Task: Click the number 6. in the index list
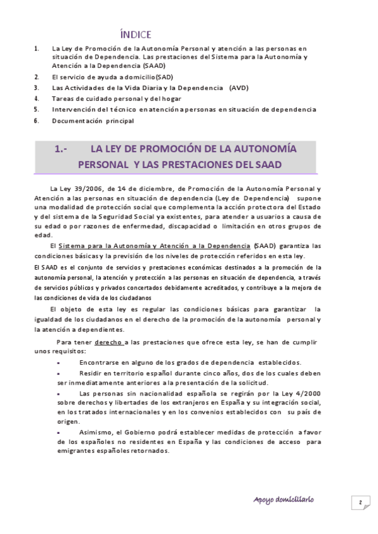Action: (37, 120)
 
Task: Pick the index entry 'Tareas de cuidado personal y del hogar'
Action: (117, 98)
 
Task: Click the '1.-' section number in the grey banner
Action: (61, 149)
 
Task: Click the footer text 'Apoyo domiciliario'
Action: (283, 499)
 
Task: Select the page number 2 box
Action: (360, 502)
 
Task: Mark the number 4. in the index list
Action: (37, 98)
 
